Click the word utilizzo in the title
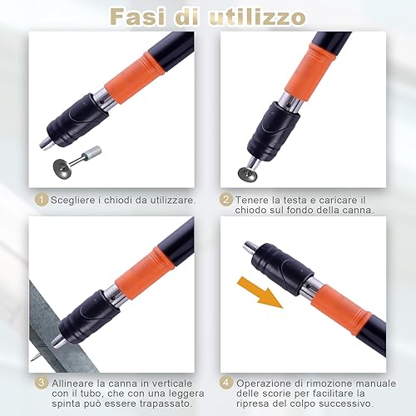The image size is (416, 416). pos(257,17)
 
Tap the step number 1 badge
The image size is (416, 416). pos(42,200)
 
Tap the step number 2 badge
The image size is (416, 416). pos(226,200)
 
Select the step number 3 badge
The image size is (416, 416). pos(42,383)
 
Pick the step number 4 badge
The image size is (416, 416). pos(226,383)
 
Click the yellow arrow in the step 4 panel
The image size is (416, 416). pos(260,292)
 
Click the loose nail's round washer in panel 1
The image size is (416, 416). pos(62,169)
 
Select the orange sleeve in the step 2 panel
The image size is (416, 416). pos(310,72)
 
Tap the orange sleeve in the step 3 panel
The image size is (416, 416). pos(145,274)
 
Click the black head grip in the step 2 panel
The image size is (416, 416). pos(274,131)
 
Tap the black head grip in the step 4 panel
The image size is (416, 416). pos(283,267)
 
